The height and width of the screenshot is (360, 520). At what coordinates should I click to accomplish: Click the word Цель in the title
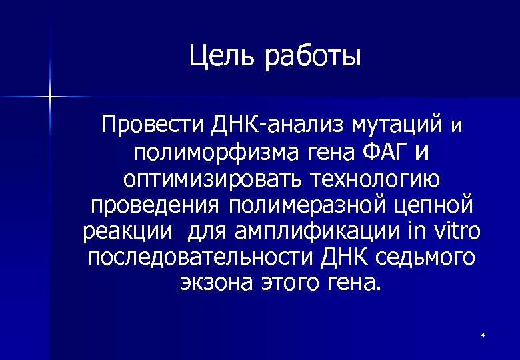tap(223, 56)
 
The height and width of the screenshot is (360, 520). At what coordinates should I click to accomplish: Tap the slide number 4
tap(482, 334)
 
